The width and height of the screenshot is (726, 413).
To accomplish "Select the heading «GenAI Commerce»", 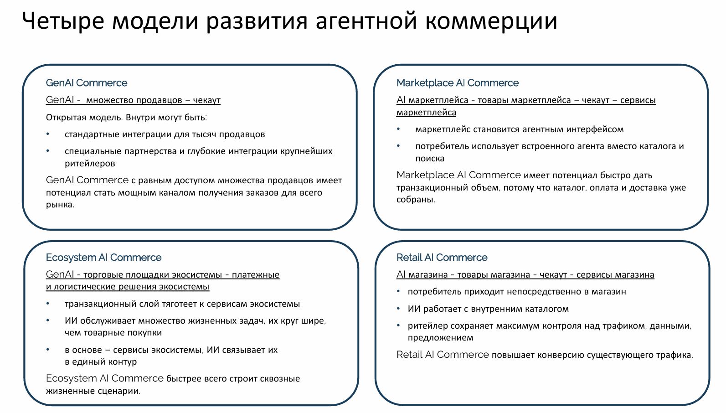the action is pos(87,83).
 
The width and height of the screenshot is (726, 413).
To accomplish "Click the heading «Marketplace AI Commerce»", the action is pos(457,83).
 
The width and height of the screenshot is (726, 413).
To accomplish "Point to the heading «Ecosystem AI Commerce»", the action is pos(104,258).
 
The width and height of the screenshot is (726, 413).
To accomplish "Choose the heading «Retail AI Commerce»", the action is pos(442,258).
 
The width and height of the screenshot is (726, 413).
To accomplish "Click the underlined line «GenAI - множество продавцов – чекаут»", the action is pos(133,100).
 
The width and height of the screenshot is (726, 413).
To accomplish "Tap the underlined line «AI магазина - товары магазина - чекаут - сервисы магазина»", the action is pos(525,274).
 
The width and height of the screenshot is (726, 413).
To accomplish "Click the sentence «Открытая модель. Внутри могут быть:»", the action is pos(126,117).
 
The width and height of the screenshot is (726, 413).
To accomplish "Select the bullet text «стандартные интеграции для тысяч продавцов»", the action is pos(165,134).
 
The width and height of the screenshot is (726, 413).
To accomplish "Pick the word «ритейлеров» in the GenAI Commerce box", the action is pos(90,163).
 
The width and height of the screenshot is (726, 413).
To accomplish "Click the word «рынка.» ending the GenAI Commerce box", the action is pos(60,205).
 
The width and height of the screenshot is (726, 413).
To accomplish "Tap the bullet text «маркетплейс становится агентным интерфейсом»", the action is pos(519,129).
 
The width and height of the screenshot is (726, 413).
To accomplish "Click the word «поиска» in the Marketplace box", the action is pos(430,159).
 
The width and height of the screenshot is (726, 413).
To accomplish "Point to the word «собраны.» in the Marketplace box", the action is pos(416,199).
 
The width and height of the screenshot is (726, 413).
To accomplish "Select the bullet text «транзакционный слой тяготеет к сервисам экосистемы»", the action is pos(182,304).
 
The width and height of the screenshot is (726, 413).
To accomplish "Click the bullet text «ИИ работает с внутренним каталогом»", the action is pos(488,309).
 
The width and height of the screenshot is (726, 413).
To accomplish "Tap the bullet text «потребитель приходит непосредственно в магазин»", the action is pos(517,292).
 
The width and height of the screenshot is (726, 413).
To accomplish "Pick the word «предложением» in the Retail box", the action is pos(440,338).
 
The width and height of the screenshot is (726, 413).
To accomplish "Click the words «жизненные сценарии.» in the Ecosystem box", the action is pos(93,391).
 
